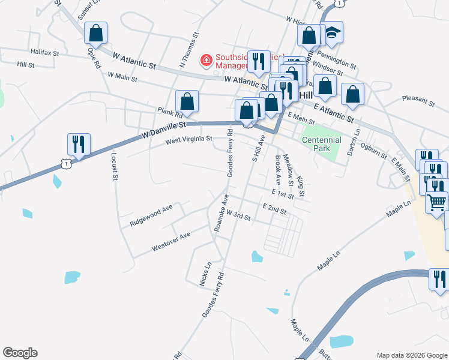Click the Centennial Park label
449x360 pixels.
click(322, 144)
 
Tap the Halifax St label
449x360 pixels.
click(45, 53)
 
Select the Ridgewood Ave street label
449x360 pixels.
click(151, 215)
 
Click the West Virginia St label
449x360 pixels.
click(189, 139)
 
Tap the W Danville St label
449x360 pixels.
click(163, 128)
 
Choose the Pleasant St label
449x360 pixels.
click(418, 98)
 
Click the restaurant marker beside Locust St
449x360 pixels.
click(79, 144)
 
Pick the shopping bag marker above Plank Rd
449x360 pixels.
click(187, 101)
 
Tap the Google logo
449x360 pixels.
click(20, 353)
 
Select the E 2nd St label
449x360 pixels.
click(274, 208)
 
